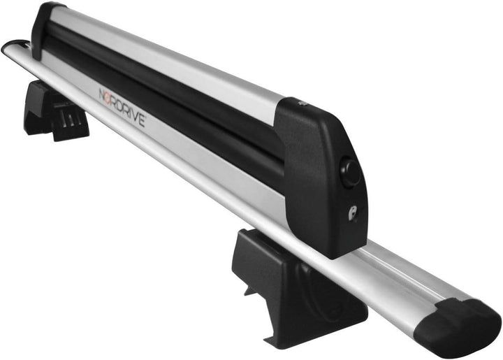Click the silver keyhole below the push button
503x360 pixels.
pyautogui.click(x=353, y=213)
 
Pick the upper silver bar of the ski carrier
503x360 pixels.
pyautogui.click(x=175, y=56)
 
